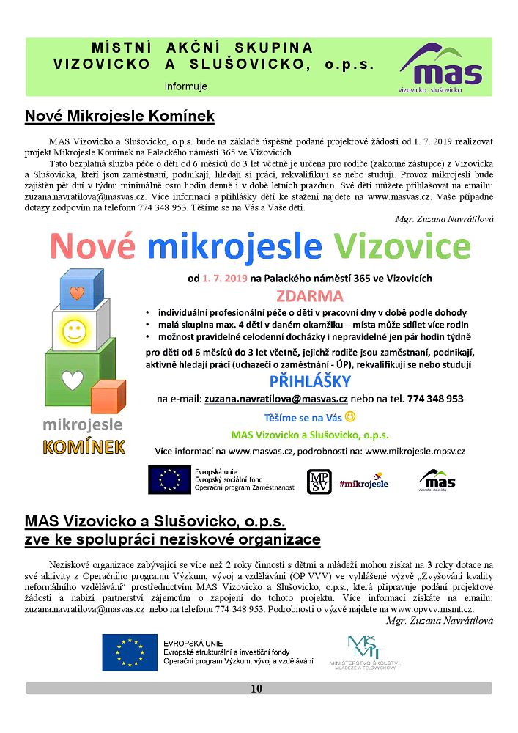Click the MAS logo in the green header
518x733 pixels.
(441, 67)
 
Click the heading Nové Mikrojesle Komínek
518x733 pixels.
(119, 116)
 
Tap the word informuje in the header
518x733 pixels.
(186, 86)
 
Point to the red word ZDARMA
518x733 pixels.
(309, 296)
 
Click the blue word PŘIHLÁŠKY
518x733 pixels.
(310, 381)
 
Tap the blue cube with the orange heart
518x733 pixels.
(78, 294)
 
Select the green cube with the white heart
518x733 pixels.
(72, 380)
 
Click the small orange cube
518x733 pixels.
(109, 400)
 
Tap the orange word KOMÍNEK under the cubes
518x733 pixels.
(84, 446)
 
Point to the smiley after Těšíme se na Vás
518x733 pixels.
(350, 417)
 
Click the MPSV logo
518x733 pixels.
(318, 481)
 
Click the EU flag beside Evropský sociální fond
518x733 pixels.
(169, 480)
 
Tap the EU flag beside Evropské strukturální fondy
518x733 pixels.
(129, 652)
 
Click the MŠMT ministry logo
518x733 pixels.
(361, 652)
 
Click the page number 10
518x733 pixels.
(256, 688)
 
